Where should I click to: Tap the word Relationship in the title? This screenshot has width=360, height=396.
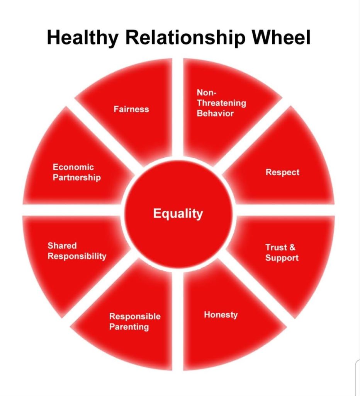[182, 38]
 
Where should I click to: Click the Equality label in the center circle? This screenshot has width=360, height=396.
[178, 213]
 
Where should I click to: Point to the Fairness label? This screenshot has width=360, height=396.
[131, 109]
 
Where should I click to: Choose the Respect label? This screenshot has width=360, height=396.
[282, 172]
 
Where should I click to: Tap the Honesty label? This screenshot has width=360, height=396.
[221, 315]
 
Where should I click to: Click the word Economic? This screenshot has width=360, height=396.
[73, 167]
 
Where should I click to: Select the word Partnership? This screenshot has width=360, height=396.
[77, 178]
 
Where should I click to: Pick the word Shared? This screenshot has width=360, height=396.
[62, 246]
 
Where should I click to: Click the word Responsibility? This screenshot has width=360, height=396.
[77, 256]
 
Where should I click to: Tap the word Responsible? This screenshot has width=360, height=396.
[135, 316]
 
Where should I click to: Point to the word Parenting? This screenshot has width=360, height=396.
[129, 327]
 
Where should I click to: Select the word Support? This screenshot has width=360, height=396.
[282, 258]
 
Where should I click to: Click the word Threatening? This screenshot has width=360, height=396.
[221, 103]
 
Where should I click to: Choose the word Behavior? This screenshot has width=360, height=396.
[215, 113]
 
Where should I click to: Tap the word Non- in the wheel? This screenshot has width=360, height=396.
[207, 92]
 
